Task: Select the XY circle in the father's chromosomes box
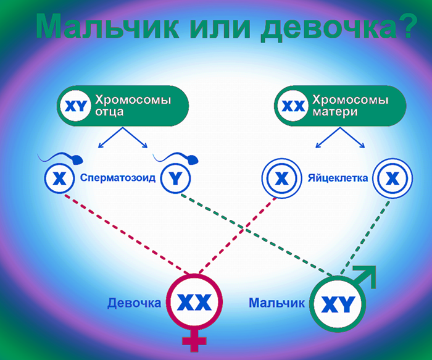pos(76,106)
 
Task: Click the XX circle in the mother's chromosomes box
pos(293,106)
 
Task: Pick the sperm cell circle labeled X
pos(59,179)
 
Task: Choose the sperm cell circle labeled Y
pos(175,179)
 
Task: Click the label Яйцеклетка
pos(338,179)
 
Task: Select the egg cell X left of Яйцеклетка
pos(281,179)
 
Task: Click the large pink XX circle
pos(194,303)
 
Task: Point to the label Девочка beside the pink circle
pos(134,303)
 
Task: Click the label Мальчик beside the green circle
pos(277,303)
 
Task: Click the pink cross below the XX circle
pos(195,343)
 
